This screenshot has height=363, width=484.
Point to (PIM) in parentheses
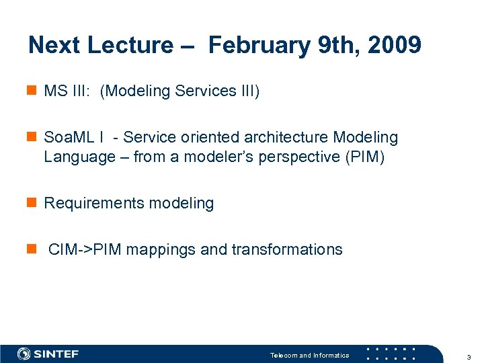click(363, 157)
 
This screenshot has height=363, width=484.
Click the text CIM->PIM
click(85, 250)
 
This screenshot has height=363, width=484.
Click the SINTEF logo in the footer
click(48, 354)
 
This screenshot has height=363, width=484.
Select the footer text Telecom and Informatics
click(309, 355)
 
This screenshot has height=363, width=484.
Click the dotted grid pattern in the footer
click(391, 354)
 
